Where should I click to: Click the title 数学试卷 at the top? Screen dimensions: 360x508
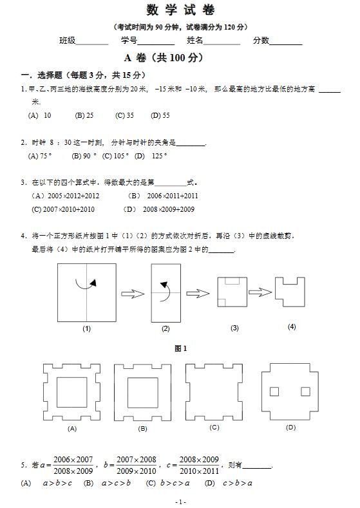(180, 10)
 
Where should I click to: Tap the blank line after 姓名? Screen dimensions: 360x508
(222, 42)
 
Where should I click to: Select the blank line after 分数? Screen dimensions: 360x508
(286, 42)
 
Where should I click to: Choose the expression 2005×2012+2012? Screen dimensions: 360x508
(65, 195)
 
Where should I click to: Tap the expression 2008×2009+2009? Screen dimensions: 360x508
(159, 209)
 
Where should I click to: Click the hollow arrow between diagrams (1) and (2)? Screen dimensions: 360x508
(133, 294)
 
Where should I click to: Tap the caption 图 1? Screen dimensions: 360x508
(180, 348)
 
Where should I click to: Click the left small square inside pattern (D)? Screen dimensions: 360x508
(274, 391)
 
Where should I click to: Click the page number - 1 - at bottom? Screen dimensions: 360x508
(180, 502)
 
